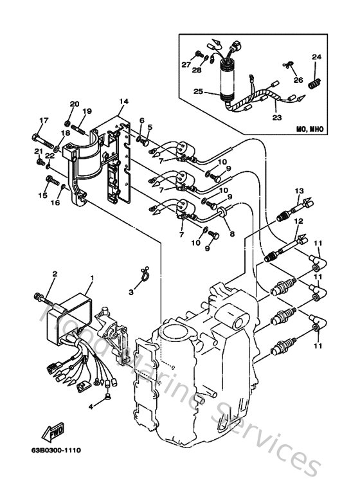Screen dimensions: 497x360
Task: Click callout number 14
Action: point(123,101)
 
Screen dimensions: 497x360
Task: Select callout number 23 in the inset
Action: point(276,118)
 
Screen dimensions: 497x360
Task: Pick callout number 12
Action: point(298,221)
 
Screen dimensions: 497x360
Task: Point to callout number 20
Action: point(74,104)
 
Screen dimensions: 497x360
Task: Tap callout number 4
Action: point(91,406)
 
